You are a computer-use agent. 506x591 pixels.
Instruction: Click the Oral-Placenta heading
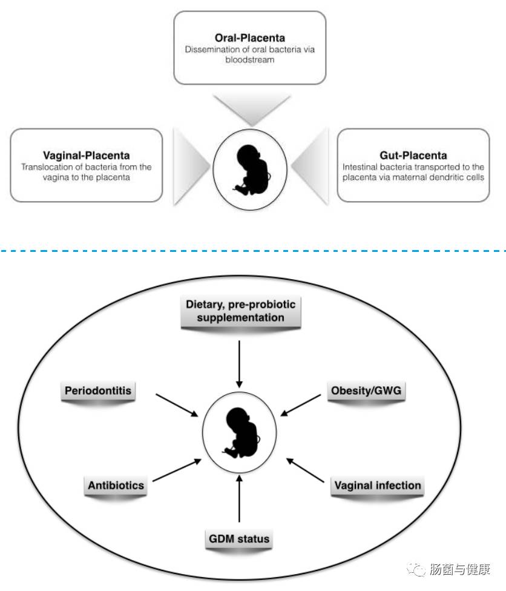point(249,38)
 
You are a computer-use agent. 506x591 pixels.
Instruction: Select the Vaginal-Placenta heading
point(86,156)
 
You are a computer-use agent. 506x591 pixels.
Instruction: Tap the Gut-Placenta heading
point(412,156)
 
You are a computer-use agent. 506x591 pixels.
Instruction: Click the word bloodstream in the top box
point(249,60)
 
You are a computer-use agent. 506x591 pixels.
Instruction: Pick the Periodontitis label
point(97,391)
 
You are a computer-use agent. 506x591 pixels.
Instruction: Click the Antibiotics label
point(116,485)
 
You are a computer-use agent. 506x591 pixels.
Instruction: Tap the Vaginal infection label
point(377,485)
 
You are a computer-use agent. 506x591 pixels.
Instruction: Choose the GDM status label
point(240,538)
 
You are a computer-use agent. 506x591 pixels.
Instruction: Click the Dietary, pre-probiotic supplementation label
point(240,311)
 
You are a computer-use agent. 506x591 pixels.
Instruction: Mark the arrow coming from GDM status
point(240,500)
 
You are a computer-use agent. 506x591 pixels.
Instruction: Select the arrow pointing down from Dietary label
point(240,363)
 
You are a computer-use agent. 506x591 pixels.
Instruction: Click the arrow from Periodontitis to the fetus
point(177,404)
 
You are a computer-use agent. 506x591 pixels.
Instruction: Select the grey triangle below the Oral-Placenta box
point(249,109)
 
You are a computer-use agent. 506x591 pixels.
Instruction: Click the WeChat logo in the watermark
point(416,569)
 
